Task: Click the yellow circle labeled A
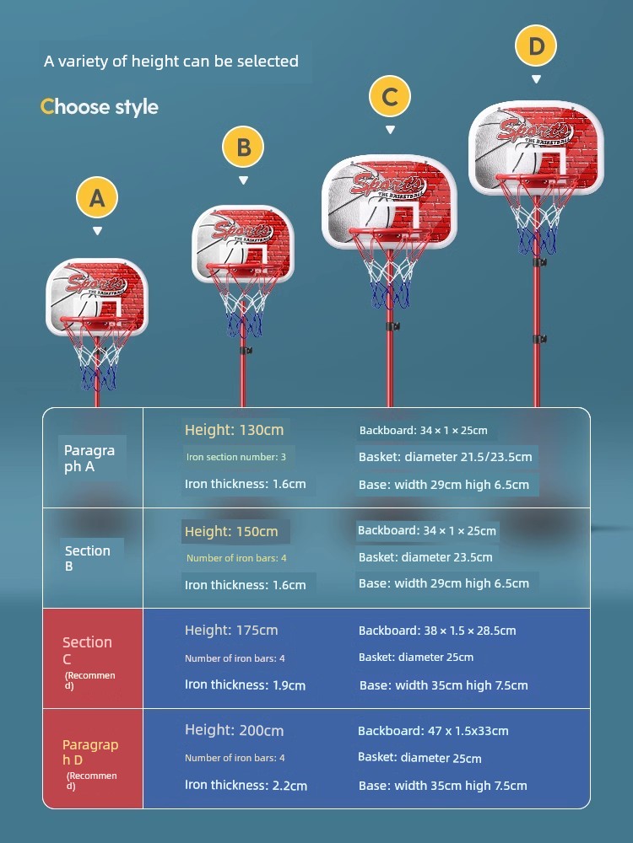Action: (x=98, y=198)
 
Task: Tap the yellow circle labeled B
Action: (x=243, y=148)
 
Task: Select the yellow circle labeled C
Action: (x=389, y=97)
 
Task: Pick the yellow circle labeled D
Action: (x=536, y=46)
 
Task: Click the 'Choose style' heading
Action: (x=100, y=107)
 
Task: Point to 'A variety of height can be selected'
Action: (x=171, y=61)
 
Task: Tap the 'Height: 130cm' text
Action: (x=234, y=430)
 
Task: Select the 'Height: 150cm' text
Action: (x=231, y=531)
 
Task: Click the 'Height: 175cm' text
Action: (x=231, y=630)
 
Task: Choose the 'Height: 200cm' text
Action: (x=234, y=731)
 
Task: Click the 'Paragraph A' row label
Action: (x=89, y=458)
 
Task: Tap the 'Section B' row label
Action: (x=87, y=558)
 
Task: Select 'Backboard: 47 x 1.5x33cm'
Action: (x=433, y=731)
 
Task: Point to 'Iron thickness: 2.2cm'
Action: (x=246, y=785)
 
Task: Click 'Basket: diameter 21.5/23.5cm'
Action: (x=445, y=457)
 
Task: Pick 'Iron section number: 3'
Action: (x=235, y=457)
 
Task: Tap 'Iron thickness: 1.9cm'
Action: (x=245, y=685)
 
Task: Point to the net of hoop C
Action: (x=390, y=278)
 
